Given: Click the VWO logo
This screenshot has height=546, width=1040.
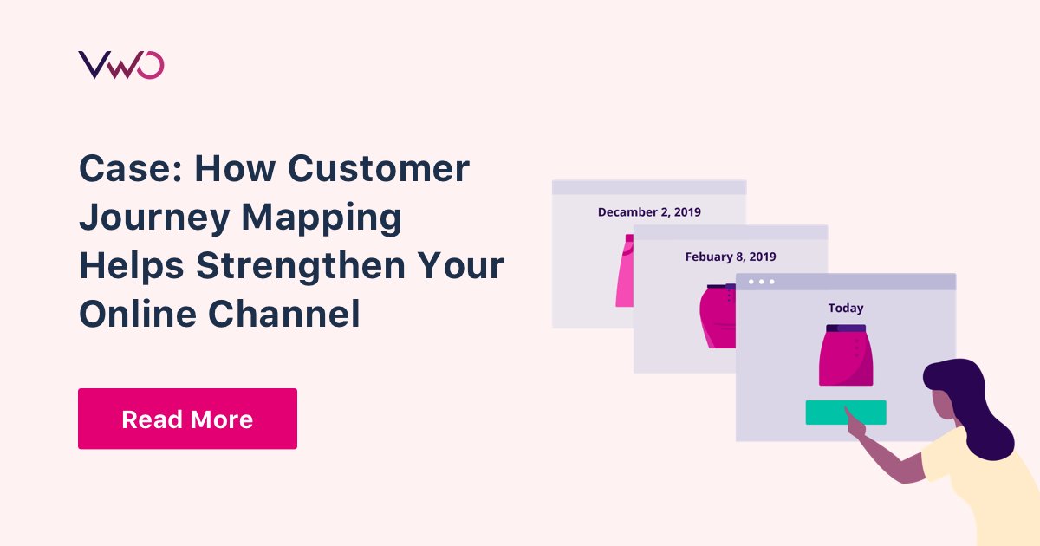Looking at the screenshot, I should [120, 65].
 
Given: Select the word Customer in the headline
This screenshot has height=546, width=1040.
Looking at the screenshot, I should [379, 169].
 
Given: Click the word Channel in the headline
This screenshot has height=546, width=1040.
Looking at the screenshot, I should [282, 315].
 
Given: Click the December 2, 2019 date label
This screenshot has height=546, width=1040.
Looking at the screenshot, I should [649, 212].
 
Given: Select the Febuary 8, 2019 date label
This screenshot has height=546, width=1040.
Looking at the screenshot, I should [731, 257].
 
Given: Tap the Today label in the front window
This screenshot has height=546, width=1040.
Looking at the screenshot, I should [846, 308].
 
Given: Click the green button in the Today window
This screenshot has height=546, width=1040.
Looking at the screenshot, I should [846, 413].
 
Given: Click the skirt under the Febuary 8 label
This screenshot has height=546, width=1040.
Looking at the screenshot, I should [718, 316].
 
